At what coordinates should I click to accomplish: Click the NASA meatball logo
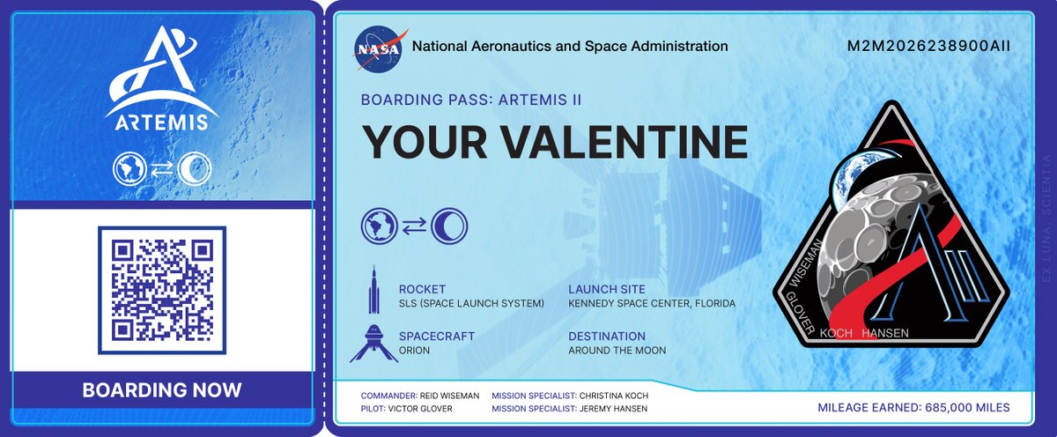381,47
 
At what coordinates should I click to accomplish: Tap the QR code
162,290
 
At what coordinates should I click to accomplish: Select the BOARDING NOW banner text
162,389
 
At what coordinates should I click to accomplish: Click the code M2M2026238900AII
928,47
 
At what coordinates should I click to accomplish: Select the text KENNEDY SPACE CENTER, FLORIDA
652,304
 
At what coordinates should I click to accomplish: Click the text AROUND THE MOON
617,351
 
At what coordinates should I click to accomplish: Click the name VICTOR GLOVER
443,409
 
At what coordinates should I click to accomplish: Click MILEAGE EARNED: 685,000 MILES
913,408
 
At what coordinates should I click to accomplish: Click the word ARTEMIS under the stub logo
161,120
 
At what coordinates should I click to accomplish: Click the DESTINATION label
607,337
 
